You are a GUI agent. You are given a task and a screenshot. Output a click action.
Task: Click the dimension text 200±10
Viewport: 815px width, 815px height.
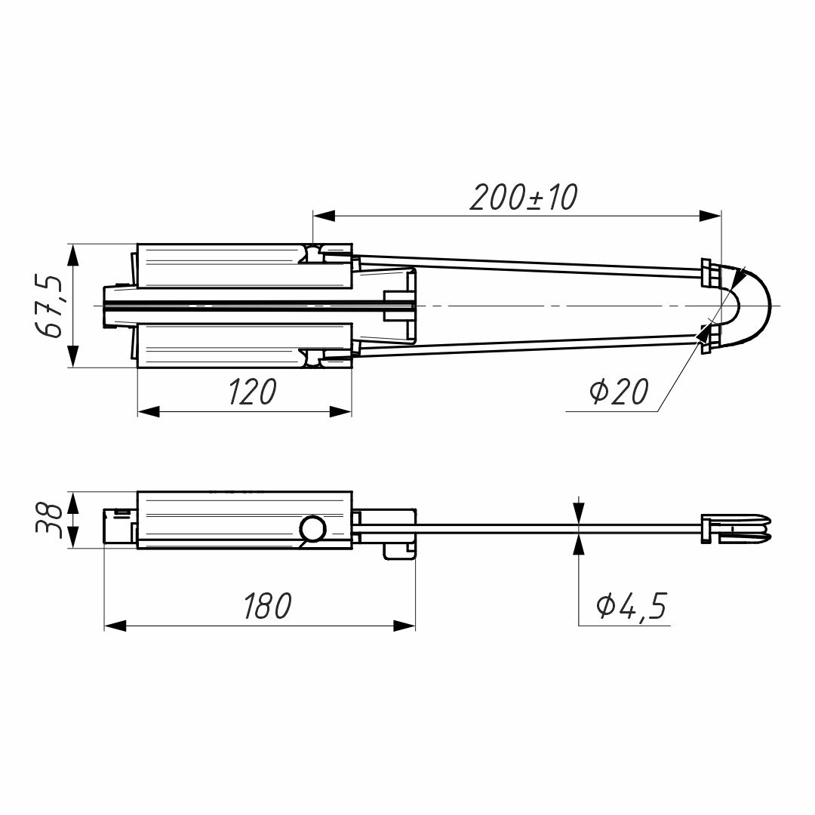tap(523, 198)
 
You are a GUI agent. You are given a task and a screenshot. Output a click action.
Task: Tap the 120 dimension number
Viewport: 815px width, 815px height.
tap(253, 392)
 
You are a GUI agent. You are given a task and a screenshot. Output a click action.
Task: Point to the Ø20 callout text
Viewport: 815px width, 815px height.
tap(618, 392)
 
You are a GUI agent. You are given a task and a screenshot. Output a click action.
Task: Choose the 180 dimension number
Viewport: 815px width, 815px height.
tap(266, 606)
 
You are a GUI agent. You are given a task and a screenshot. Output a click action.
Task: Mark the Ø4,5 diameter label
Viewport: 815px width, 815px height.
tap(632, 606)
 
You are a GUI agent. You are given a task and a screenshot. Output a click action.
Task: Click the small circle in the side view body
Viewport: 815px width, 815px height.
tap(312, 529)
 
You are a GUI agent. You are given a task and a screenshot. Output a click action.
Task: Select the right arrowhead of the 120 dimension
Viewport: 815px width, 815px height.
tap(341, 411)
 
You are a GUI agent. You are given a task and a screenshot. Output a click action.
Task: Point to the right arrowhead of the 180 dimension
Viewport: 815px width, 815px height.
tap(404, 626)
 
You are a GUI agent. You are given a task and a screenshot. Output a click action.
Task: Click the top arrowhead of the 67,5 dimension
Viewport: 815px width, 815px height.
tap(73, 255)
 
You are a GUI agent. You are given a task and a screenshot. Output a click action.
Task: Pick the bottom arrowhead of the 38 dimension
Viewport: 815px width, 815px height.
tap(73, 538)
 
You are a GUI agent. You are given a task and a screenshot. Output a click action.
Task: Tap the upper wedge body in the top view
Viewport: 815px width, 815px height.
tap(226, 266)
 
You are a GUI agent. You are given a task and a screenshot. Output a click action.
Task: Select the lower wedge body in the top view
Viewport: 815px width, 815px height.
tap(226, 345)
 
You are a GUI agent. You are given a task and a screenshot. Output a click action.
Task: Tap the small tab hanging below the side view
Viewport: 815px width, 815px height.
tap(399, 551)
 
